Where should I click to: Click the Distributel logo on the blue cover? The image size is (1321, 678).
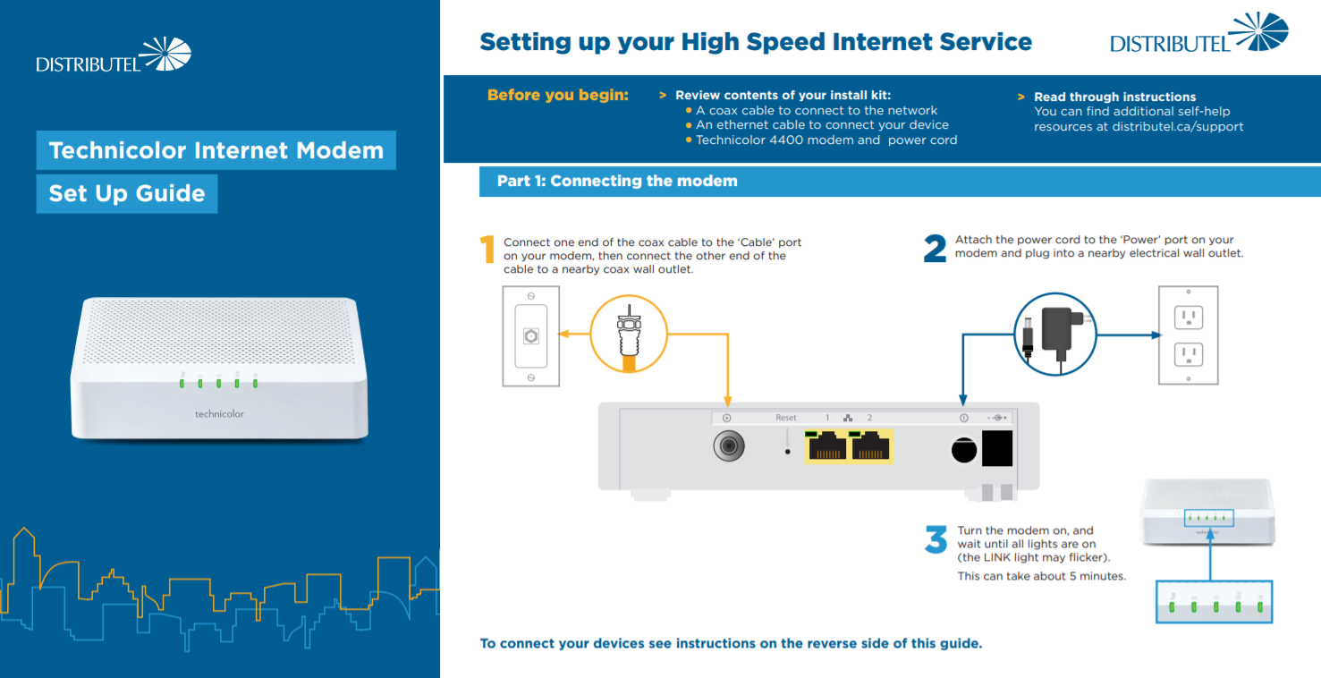114,55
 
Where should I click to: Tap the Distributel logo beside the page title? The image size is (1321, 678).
1198,34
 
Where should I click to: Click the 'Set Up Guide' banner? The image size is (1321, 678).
127,194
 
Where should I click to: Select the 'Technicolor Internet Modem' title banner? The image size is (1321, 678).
216,150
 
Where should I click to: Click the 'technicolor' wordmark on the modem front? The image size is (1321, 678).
219,414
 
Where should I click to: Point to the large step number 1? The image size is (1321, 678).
487,250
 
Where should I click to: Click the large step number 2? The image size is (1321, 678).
935,250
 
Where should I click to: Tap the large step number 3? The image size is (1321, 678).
936,540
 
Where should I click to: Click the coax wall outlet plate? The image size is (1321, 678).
531,336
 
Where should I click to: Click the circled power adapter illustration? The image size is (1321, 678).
1054,335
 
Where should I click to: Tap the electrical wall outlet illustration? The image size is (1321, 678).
1188,335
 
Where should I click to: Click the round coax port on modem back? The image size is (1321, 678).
730,445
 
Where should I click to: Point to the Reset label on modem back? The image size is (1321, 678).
785,418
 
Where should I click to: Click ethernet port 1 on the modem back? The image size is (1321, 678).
826,446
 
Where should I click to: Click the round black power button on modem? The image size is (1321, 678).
963,449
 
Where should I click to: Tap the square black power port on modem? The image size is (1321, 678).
997,447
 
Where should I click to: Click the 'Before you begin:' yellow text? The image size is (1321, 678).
557,95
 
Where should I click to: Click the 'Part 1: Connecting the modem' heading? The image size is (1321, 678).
617,181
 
